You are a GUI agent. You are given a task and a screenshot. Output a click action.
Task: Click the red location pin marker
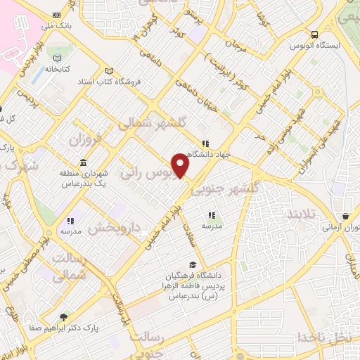181,165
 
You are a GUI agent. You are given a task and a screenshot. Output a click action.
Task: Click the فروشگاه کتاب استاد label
109,82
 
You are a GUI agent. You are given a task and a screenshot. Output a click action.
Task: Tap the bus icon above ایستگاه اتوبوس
314,34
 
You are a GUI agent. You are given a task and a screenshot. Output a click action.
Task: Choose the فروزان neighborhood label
86,139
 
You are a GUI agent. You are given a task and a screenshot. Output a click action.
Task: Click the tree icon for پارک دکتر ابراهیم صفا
65,317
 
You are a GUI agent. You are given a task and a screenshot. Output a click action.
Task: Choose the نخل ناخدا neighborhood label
323,336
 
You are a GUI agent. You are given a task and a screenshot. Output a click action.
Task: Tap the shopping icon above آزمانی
345,217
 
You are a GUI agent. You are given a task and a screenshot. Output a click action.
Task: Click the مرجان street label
238,47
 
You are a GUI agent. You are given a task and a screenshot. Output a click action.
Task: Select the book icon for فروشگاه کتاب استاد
107,71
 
